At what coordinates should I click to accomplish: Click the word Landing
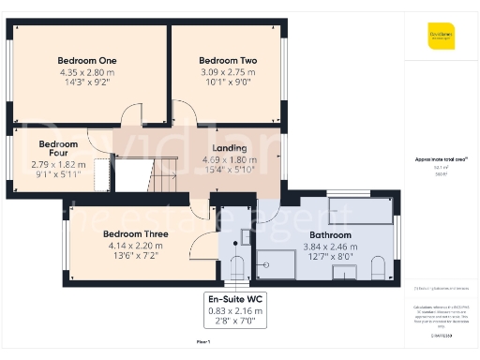click(x=229, y=148)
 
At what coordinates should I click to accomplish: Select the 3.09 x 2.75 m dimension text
click(x=228, y=72)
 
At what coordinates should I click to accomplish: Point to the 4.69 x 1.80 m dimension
click(x=229, y=159)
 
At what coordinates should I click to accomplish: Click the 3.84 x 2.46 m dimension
click(x=331, y=246)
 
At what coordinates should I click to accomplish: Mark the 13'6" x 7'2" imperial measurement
click(x=104, y=254)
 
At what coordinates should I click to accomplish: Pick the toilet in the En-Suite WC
click(x=236, y=263)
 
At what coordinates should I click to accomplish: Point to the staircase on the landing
click(x=163, y=172)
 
